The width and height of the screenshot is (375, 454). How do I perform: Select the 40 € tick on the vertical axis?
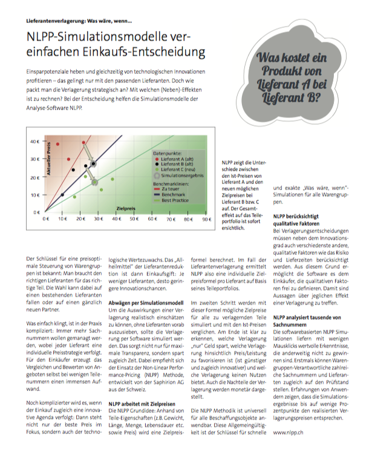pos(35,141)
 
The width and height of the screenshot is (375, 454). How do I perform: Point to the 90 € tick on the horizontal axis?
pos(206,220)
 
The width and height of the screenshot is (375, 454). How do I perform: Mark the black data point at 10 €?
pos(63,195)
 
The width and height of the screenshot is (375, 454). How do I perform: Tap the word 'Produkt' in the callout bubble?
pos(298,71)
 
